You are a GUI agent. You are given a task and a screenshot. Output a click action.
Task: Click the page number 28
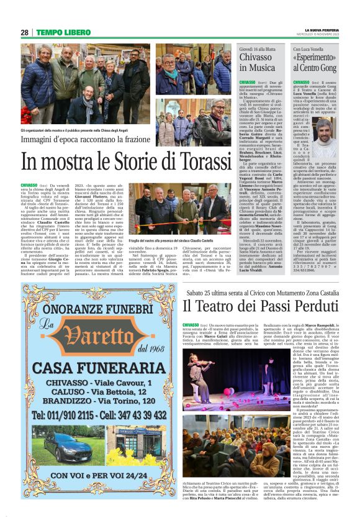click(x=24, y=33)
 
